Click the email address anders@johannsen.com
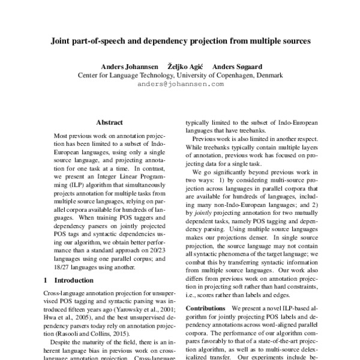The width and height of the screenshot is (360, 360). [x=180, y=84]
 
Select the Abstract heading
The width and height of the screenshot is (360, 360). [x=109, y=121]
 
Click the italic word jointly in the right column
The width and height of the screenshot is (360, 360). [x=201, y=214]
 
